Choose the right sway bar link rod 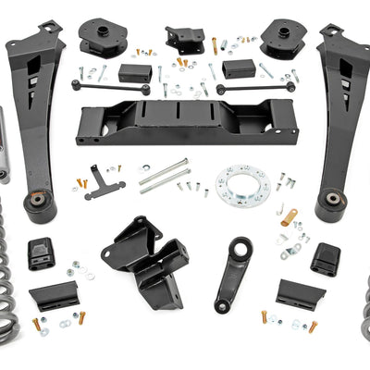[x=255, y=88]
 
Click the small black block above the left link [x=135, y=72]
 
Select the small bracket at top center [x=185, y=38]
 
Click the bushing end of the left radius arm [x=40, y=204]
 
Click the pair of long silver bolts [x=164, y=174]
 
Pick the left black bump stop [x=39, y=253]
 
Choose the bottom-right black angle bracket [x=300, y=295]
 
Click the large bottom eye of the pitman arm [x=223, y=302]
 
